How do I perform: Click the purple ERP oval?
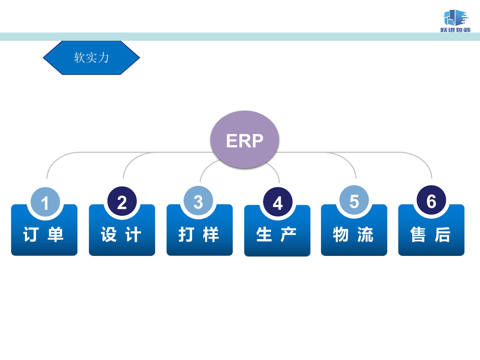pyautogui.click(x=244, y=139)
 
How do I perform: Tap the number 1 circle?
pyautogui.click(x=45, y=202)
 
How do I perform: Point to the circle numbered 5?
pyautogui.click(x=354, y=200)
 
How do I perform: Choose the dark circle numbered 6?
pyautogui.click(x=431, y=200)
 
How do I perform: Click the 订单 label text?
pyautogui.click(x=44, y=235)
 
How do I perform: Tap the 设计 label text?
pyautogui.click(x=121, y=235)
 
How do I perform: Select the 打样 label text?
pyautogui.click(x=199, y=235)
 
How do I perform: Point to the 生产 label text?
pyautogui.click(x=277, y=235)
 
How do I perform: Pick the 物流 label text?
pyautogui.click(x=353, y=235)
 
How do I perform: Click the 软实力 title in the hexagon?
pyautogui.click(x=91, y=58)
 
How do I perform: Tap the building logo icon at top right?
pyautogui.click(x=455, y=18)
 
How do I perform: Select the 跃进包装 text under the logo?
pyautogui.click(x=455, y=30)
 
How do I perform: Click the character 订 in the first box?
pyautogui.click(x=31, y=235)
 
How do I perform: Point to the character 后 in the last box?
pyautogui.click(x=443, y=235)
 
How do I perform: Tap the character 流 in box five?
pyautogui.click(x=365, y=235)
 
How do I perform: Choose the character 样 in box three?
pyautogui.click(x=211, y=235)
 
